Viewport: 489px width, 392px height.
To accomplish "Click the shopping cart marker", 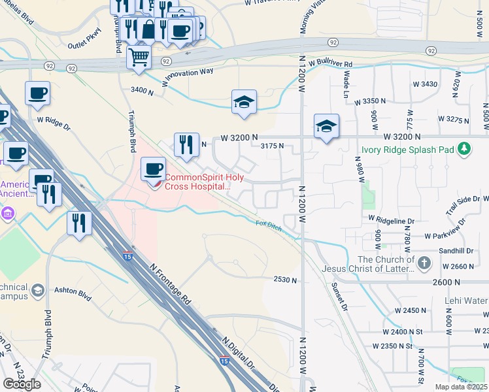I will tap(139, 57).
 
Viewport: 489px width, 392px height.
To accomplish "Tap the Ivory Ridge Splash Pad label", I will tap(408, 150).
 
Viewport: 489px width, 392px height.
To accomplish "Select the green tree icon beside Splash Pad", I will tap(464, 149).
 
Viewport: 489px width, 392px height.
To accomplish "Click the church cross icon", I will tap(424, 263).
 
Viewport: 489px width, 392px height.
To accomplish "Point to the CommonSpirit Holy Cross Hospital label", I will tap(197, 182).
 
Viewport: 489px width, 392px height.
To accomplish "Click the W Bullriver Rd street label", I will tap(331, 64).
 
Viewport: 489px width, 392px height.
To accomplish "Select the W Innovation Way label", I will tap(188, 73).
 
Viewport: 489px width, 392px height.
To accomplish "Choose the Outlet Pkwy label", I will tap(85, 46).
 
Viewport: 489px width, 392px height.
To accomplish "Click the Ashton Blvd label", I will tap(71, 295).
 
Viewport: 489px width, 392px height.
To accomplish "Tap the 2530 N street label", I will tap(285, 280).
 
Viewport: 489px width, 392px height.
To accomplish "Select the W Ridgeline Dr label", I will tap(392, 221).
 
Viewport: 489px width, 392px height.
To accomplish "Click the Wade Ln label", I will tap(345, 81).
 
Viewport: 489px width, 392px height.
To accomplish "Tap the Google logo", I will tap(22, 384).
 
